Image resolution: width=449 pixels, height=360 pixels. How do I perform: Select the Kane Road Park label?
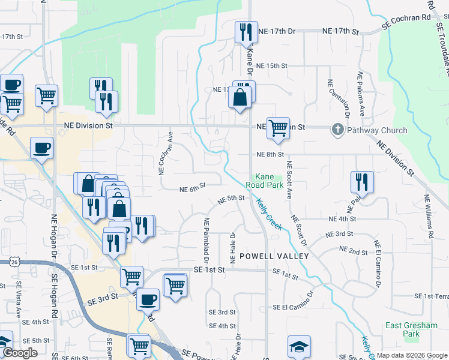click(269, 181)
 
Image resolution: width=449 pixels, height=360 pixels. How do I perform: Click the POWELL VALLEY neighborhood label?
click(274, 256)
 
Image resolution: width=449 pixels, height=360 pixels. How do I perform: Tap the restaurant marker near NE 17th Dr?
click(245, 32)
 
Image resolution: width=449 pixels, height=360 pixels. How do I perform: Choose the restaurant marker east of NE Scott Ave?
click(362, 181)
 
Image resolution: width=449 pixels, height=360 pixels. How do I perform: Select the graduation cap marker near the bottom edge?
click(299, 347)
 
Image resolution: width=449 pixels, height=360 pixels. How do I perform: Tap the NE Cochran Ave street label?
click(161, 154)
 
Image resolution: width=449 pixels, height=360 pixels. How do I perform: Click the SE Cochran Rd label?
click(407, 22)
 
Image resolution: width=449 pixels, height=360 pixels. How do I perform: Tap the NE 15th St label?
click(272, 65)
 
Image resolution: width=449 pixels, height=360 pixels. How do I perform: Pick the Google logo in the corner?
click(20, 353)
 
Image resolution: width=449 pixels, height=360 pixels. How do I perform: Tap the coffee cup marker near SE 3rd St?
click(148, 299)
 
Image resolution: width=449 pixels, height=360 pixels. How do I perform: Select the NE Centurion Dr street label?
click(346, 98)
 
